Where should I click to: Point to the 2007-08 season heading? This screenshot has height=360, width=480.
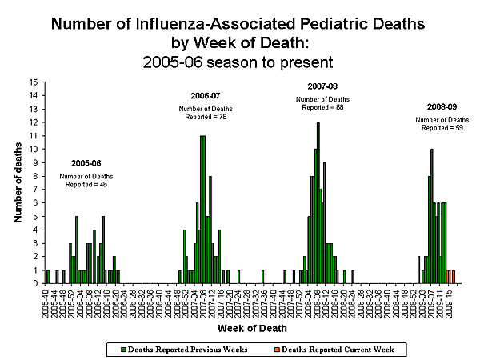pyautogui.click(x=322, y=86)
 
